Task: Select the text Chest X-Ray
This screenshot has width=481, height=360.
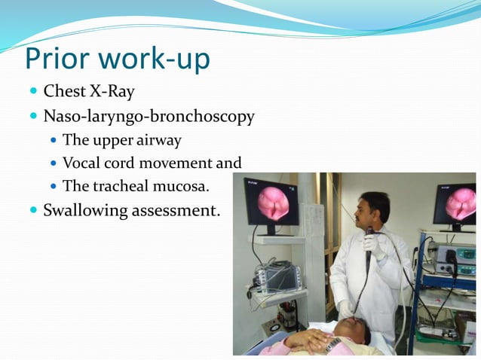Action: click(89, 92)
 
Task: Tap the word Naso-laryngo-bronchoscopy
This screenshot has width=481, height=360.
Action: click(149, 117)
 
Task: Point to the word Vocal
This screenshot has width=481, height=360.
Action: click(81, 163)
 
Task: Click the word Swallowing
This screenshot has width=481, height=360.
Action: click(85, 210)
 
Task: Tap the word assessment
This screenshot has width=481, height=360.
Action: click(176, 210)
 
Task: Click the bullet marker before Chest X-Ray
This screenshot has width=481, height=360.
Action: click(32, 93)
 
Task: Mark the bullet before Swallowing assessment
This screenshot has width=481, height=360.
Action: click(32, 210)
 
